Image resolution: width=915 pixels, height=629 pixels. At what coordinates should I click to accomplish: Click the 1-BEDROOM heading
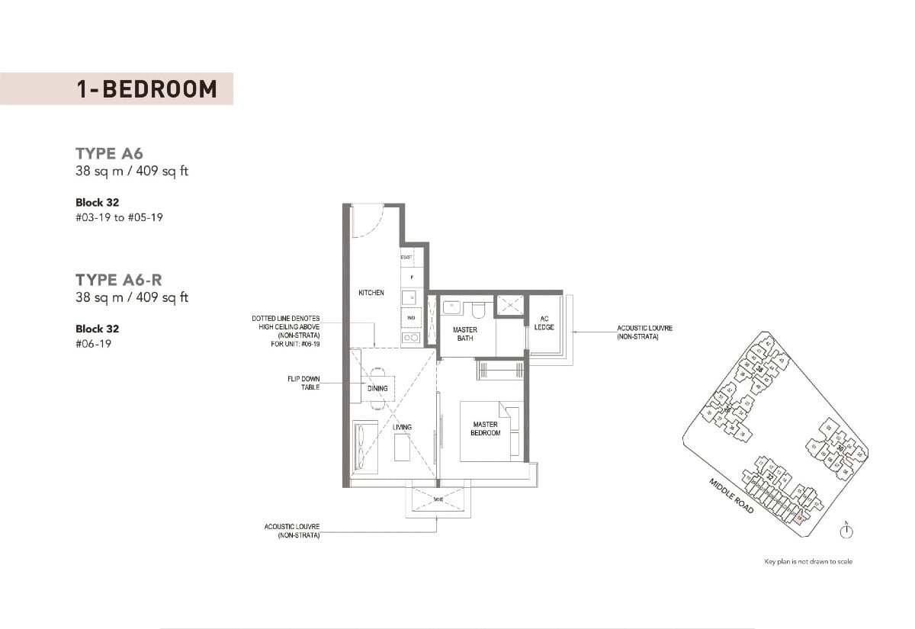point(146,88)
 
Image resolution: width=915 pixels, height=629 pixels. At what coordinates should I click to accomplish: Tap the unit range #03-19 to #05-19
point(120,217)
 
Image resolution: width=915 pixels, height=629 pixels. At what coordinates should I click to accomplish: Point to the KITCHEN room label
point(371,293)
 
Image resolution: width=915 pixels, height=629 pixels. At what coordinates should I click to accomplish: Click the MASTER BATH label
point(464,334)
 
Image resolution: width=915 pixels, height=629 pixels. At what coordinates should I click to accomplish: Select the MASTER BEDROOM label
point(485,428)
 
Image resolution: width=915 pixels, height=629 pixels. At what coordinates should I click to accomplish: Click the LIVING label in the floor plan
point(402,427)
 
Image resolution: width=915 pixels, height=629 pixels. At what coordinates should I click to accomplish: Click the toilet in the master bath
point(478,309)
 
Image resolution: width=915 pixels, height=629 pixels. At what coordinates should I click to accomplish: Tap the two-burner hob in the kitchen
point(410,337)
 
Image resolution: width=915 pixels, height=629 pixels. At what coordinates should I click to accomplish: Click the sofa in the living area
point(362,448)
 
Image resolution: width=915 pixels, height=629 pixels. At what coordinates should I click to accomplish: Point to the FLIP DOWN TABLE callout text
point(305,383)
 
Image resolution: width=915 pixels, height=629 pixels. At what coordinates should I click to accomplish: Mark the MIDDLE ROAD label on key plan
point(731,496)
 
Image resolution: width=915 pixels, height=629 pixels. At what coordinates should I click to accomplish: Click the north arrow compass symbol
point(847,531)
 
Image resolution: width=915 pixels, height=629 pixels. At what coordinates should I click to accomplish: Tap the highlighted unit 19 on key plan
point(799,519)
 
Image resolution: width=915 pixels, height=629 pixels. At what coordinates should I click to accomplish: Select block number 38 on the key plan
point(759,371)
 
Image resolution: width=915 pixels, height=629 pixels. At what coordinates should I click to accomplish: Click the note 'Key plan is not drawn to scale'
point(808,562)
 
